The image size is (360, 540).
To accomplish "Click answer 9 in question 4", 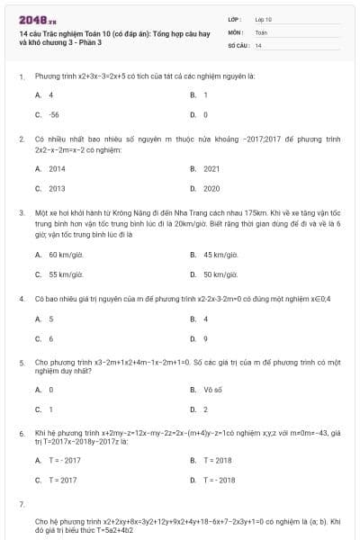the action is click(206, 338).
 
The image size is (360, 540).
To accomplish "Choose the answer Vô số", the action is click(212, 389).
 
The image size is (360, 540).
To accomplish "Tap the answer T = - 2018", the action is click(220, 480).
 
